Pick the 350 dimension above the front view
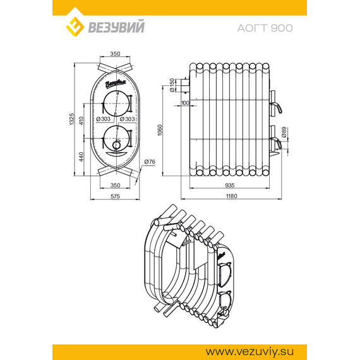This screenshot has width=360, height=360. point(115,54)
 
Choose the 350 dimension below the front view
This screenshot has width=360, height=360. point(115,185)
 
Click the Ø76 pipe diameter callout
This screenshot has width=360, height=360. point(150,162)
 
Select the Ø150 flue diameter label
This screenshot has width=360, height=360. point(172,84)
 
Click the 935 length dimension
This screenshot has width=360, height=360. point(229,185)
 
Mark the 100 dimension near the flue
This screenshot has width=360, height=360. point(185,102)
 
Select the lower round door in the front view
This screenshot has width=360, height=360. point(115,136)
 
